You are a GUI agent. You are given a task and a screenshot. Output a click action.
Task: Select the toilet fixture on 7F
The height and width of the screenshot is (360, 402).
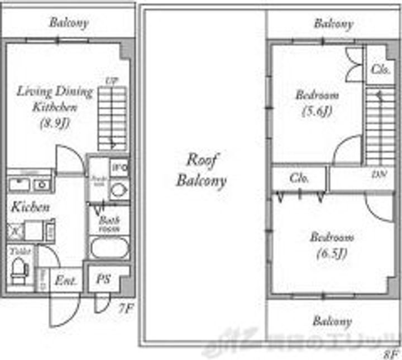pyautogui.click(x=20, y=268)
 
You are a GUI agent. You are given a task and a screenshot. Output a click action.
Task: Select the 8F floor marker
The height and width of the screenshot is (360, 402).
pyautogui.click(x=390, y=353)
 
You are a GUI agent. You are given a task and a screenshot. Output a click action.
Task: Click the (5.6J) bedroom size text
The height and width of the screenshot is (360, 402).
pyautogui.click(x=317, y=111)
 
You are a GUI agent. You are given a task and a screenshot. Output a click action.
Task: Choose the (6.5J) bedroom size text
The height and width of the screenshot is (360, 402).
pyautogui.click(x=332, y=253)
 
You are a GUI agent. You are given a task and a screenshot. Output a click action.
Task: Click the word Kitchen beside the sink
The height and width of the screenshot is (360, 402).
pyautogui.click(x=31, y=207)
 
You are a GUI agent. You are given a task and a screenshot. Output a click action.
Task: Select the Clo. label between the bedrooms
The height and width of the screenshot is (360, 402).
pyautogui.click(x=299, y=179)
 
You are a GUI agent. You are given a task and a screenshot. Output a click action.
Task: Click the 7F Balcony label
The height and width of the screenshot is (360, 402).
pyautogui.click(x=69, y=23)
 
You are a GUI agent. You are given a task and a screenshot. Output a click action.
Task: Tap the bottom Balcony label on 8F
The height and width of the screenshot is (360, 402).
pyautogui.click(x=332, y=321)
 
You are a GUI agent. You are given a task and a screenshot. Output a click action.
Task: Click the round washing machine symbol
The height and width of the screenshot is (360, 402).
pyautogui.click(x=118, y=190)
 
